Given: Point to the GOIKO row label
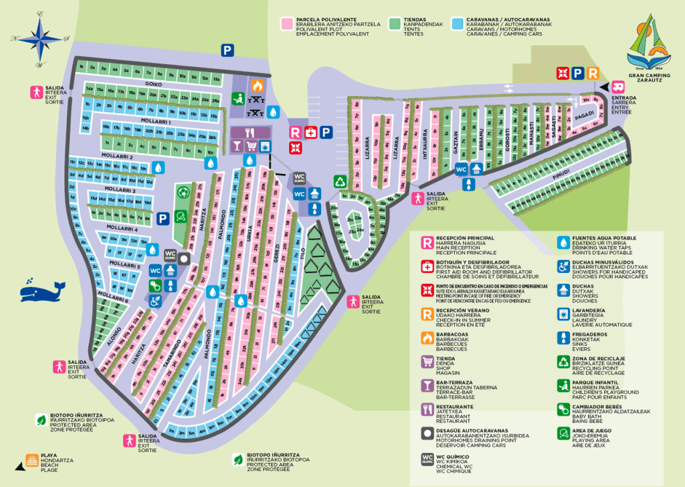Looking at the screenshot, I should pyautogui.click(x=153, y=84).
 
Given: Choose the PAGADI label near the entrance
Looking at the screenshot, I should pyautogui.click(x=585, y=116).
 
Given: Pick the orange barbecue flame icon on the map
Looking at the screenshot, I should pyautogui.click(x=256, y=86).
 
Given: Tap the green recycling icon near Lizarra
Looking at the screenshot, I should pyautogui.click(x=340, y=181).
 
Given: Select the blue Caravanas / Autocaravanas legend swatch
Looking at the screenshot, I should pyautogui.click(x=458, y=23).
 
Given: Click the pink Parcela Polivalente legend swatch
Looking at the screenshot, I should pyautogui.click(x=286, y=23).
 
